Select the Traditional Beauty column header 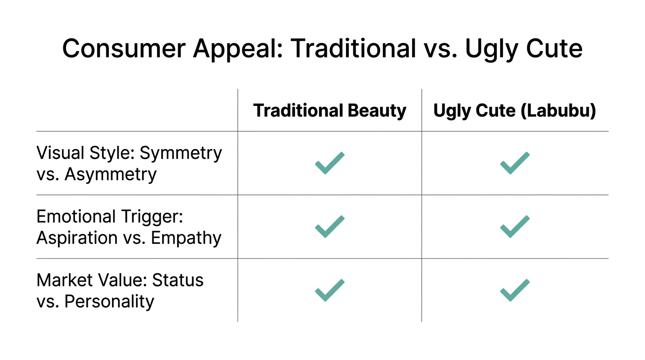(x=330, y=111)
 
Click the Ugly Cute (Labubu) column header (x=515, y=111)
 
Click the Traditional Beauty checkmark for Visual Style (x=330, y=163)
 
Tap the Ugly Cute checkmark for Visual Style (x=515, y=163)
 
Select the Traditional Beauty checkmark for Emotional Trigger (x=330, y=226)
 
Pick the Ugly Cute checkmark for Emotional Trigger (x=515, y=226)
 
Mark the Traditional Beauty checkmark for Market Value (x=330, y=290)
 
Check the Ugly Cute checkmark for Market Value (x=515, y=290)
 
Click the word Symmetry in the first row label (x=181, y=153)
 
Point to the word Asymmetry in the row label (x=110, y=174)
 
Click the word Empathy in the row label (x=186, y=238)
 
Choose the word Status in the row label (x=178, y=280)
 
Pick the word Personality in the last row (x=109, y=301)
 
